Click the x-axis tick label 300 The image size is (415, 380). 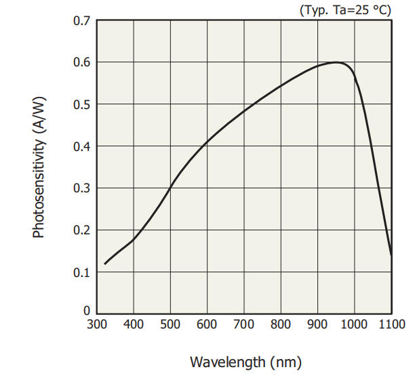tap(97, 325)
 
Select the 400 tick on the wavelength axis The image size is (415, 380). tap(134, 325)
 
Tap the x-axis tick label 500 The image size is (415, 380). tap(170, 325)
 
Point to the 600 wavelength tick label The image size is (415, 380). tap(207, 325)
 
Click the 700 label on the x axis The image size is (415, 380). tap(243, 325)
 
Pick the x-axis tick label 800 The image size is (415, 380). tap(280, 325)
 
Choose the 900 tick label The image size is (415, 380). tap(317, 325)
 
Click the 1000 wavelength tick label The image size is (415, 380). tap(354, 325)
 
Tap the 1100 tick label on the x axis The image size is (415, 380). tap(391, 325)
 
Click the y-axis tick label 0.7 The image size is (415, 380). tap(81, 21)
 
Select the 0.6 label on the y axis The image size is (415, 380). tap(81, 63)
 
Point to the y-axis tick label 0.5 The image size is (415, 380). tap(81, 105)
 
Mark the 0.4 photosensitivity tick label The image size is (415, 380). tap(81, 147)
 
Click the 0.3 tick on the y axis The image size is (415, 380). tap(81, 189)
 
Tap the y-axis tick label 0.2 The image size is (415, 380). tap(81, 231)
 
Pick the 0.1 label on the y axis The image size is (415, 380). tap(81, 273)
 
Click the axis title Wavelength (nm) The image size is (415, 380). tap(245, 362)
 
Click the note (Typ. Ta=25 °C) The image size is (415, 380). tap(345, 9)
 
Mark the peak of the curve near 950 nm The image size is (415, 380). tap(336, 62)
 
